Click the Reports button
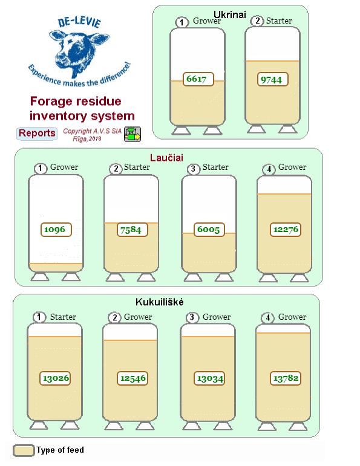tap(36, 133)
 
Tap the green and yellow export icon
tap(133, 134)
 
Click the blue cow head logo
tap(79, 51)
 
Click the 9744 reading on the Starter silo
tap(272, 79)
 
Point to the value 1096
tap(56, 230)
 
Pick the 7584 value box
tap(133, 230)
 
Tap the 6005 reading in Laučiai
tap(209, 230)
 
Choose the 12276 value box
tap(286, 230)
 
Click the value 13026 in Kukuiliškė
tap(55, 378)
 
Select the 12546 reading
tap(133, 378)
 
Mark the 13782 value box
tap(286, 378)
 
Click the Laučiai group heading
tap(166, 158)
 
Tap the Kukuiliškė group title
tap(160, 302)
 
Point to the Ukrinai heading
tap(230, 15)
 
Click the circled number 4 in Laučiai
tap(269, 169)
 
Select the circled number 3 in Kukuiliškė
tap(192, 317)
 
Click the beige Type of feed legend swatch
tap(24, 450)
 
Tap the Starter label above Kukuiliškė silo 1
tap(63, 317)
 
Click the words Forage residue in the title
tap(76, 101)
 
